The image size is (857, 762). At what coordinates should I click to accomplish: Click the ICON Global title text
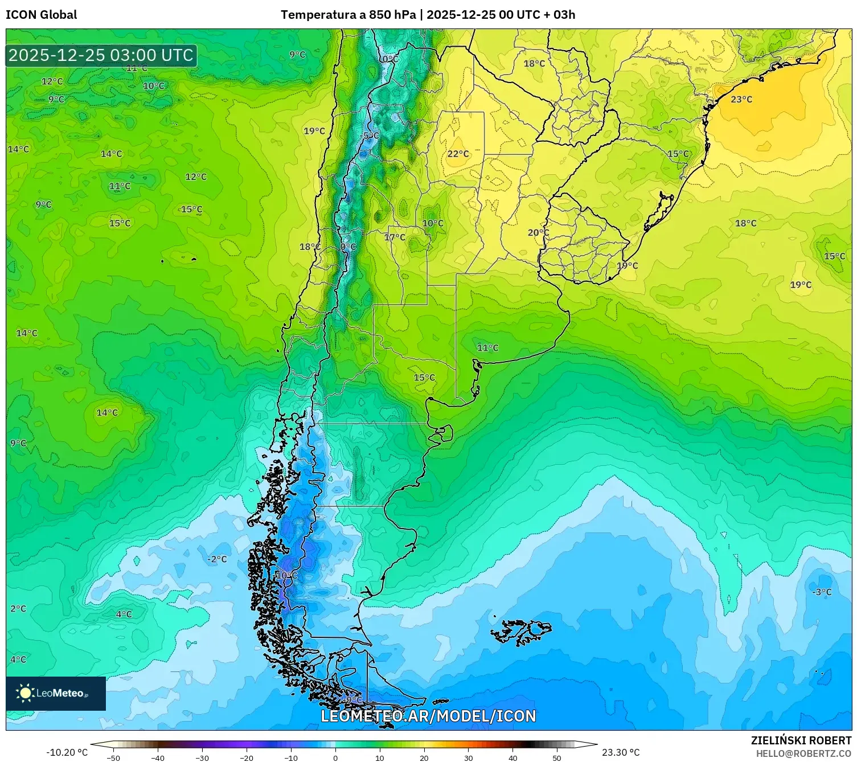click(41, 15)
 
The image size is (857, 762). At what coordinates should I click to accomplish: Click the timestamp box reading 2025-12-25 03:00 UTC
click(101, 55)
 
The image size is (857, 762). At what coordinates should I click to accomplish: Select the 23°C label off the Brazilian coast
click(741, 99)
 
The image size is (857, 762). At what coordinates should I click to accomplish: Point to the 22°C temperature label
click(458, 154)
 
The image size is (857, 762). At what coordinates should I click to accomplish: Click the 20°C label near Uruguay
click(538, 232)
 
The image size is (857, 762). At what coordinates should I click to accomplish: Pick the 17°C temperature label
click(395, 237)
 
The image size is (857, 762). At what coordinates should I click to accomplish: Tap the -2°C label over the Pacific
click(216, 559)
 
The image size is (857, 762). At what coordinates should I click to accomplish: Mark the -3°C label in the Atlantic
click(822, 592)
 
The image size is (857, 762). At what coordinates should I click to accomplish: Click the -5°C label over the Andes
click(370, 136)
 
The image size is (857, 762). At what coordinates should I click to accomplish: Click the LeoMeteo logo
click(56, 693)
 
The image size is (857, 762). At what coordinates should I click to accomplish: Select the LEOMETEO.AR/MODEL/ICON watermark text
click(428, 716)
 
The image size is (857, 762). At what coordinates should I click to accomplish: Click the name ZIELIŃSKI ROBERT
click(801, 740)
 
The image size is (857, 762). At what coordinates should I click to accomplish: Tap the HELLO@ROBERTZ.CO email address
click(803, 753)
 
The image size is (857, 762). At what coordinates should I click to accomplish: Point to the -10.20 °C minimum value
click(67, 752)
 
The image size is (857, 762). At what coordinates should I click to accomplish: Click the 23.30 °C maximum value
click(621, 752)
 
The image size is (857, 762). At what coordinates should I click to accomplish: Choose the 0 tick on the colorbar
click(335, 757)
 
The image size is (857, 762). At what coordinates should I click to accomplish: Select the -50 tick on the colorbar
click(113, 757)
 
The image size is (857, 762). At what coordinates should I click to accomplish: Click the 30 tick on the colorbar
click(468, 757)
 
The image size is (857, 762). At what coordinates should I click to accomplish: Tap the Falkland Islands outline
click(521, 631)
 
